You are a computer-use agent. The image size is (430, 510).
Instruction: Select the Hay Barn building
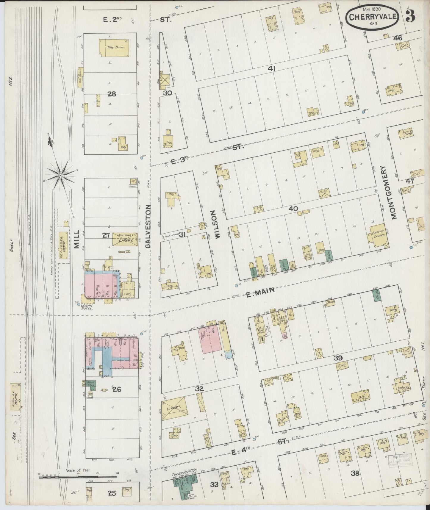114,48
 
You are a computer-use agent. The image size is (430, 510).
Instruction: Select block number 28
112,94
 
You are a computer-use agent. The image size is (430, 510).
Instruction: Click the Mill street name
76,239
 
